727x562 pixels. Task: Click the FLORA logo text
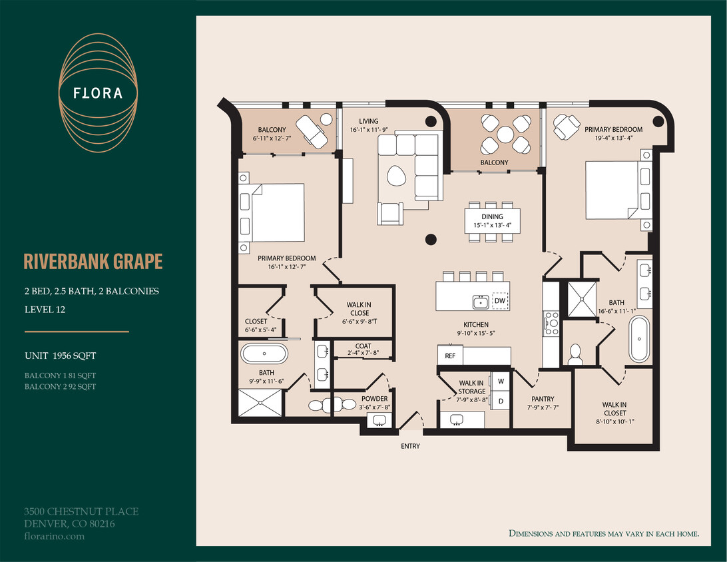click(x=98, y=93)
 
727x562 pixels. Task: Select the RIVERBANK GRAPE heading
click(x=93, y=262)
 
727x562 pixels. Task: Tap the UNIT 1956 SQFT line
click(x=65, y=356)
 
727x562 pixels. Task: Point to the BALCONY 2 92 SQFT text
click(x=61, y=386)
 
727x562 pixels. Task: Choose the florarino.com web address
click(x=54, y=535)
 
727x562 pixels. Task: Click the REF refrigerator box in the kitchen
click(x=450, y=356)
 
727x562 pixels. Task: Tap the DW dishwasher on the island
click(x=500, y=301)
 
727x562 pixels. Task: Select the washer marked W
click(x=500, y=382)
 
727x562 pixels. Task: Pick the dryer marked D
click(x=500, y=401)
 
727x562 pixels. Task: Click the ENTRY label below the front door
click(x=410, y=445)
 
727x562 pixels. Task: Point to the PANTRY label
click(x=543, y=400)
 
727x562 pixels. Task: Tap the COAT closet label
click(x=363, y=346)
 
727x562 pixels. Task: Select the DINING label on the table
click(x=493, y=216)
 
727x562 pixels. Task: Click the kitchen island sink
click(x=479, y=302)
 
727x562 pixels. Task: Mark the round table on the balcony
click(x=505, y=135)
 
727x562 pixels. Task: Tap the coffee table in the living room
click(x=398, y=176)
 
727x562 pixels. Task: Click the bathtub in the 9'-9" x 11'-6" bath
click(x=264, y=353)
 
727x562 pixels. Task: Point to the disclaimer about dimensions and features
click(x=603, y=533)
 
